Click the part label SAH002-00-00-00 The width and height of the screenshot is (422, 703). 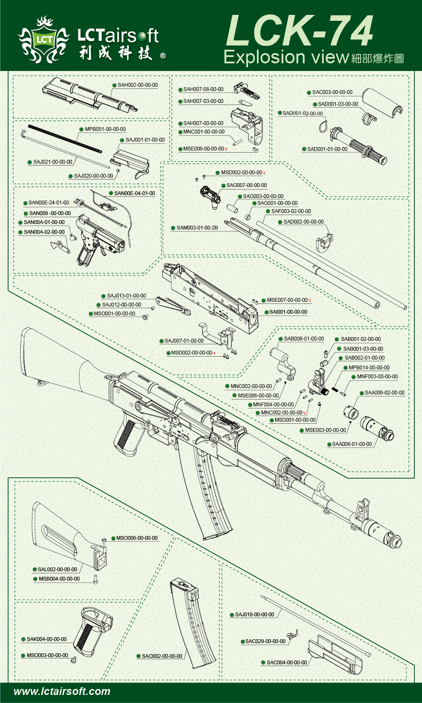point(137,85)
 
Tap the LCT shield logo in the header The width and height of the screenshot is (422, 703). point(44,40)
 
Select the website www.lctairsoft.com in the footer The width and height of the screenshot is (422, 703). point(62,692)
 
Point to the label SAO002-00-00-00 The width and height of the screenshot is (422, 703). point(162,656)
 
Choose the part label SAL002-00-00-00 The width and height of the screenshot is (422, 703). point(57,570)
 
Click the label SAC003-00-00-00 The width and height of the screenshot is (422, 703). point(332,92)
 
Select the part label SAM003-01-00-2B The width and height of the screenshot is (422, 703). point(197,228)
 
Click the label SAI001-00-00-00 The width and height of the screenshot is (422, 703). point(288,312)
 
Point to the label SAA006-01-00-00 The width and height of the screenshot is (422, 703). point(352,444)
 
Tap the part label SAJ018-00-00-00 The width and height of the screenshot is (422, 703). point(254,615)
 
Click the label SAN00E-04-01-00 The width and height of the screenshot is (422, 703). point(134,193)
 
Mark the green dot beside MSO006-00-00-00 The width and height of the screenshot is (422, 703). point(114,538)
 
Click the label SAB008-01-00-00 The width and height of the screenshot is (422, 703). point(304,339)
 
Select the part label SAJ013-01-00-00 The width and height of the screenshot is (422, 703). point(126,296)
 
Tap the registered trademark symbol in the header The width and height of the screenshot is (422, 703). point(163,56)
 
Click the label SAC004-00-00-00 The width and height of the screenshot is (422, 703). point(287,663)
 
